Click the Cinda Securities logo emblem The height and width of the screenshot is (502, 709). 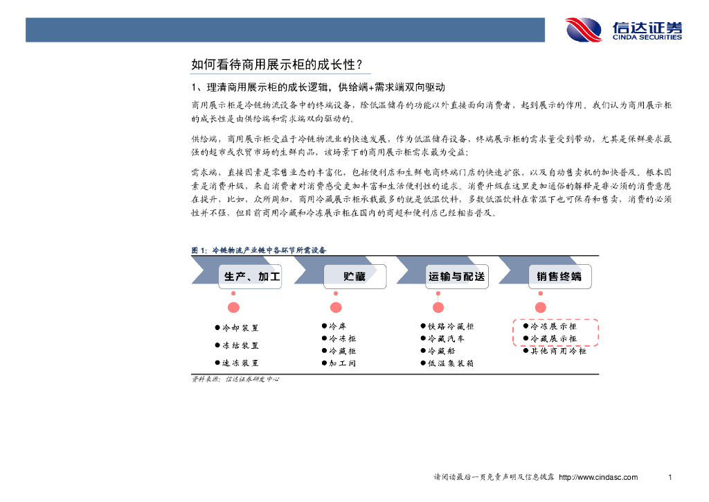click(x=584, y=30)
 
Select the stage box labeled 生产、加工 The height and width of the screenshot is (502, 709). click(x=251, y=277)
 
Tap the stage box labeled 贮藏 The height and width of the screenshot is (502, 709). click(x=354, y=277)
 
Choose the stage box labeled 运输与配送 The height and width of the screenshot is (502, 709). click(x=456, y=277)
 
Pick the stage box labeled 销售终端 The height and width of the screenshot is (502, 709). click(x=559, y=277)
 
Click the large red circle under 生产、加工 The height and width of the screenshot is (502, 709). click(x=234, y=307)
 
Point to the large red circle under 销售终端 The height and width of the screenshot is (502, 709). click(x=540, y=307)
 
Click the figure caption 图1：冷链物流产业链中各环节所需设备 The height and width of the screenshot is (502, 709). click(x=259, y=250)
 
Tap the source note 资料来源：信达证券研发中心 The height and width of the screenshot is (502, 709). click(x=235, y=379)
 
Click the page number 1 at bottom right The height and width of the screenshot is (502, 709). click(x=670, y=477)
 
